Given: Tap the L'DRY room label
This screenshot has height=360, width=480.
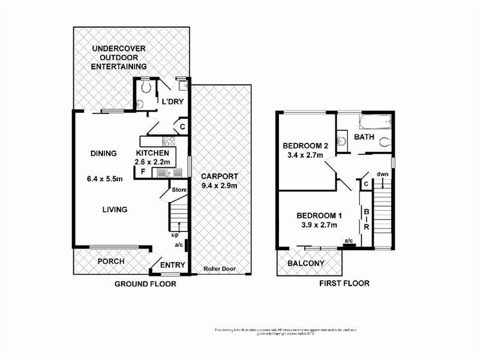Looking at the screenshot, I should tap(171, 102).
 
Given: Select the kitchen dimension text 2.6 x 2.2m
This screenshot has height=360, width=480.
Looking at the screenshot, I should tap(152, 162).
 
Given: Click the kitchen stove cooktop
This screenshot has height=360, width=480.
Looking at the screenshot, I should tap(169, 142).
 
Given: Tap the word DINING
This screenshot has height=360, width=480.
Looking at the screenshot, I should tap(103, 154).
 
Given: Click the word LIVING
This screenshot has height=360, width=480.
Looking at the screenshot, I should tap(114, 209).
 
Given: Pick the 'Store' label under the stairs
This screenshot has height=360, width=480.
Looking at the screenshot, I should tap(179, 190).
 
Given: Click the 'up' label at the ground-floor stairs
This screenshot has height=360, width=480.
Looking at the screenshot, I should tap(175, 235).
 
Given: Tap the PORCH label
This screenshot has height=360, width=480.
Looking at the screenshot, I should tap(111, 262).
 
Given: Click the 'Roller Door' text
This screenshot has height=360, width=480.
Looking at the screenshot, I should tap(218, 269).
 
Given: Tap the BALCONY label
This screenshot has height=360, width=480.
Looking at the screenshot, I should tap(305, 263).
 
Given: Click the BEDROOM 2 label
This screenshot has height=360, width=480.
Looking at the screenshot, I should tap(305, 146).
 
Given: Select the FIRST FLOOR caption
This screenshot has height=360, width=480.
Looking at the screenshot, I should tap(345, 283).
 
